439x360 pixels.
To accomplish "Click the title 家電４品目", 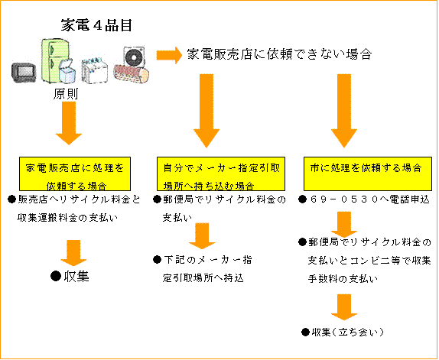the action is point(96,25).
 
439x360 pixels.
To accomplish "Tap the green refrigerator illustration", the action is point(55,60).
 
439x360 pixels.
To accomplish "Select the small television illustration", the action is point(24,73).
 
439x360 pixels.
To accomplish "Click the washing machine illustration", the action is point(95,71).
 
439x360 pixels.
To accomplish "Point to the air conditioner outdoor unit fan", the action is point(134,57).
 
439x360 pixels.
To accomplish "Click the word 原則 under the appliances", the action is point(66,94).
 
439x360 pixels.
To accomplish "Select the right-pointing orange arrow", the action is point(169,55).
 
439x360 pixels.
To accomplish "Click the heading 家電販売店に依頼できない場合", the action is point(279,54).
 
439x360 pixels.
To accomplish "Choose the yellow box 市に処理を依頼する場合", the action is point(368,174).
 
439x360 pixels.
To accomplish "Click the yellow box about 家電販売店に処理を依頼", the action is point(75,174).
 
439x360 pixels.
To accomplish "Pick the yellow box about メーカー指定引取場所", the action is point(221,174).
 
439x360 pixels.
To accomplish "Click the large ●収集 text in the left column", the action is point(70,277).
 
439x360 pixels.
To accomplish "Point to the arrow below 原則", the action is point(69,123).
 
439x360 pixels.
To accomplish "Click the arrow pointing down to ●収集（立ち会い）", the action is point(344,307).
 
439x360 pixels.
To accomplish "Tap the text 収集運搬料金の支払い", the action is point(67,218).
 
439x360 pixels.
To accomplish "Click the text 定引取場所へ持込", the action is point(203,278).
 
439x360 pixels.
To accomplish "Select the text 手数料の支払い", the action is point(343,279).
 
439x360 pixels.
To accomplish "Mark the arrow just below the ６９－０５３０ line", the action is point(344,225).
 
